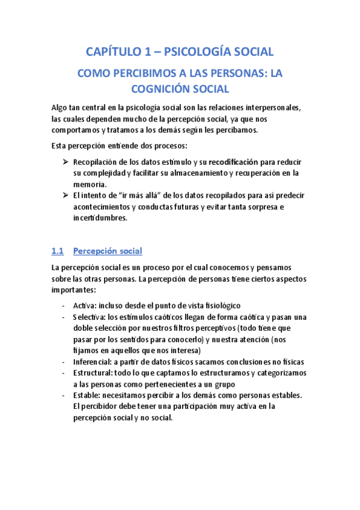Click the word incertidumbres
100,218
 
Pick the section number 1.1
58,250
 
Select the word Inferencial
92,362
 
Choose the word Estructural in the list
93,373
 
